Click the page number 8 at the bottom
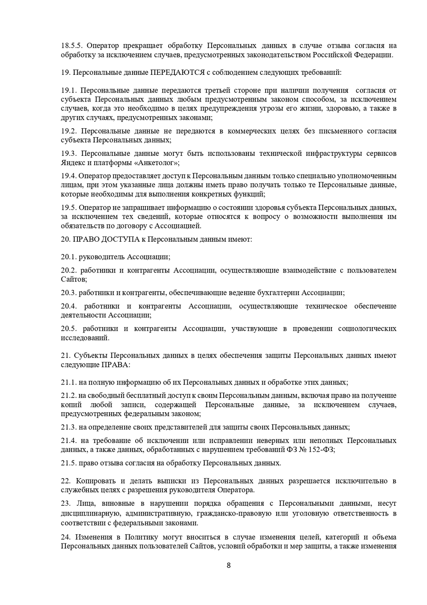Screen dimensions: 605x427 click(x=229, y=566)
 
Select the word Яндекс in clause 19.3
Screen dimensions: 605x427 click(x=71, y=162)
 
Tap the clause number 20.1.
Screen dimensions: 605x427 click(x=68, y=257)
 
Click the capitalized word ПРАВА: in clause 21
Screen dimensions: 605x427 click(x=116, y=365)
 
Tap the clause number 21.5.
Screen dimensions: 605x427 click(x=68, y=463)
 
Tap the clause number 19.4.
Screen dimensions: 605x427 click(x=68, y=176)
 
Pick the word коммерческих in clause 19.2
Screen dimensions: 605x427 click(x=251, y=131)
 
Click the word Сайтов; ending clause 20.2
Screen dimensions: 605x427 click(x=74, y=280)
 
